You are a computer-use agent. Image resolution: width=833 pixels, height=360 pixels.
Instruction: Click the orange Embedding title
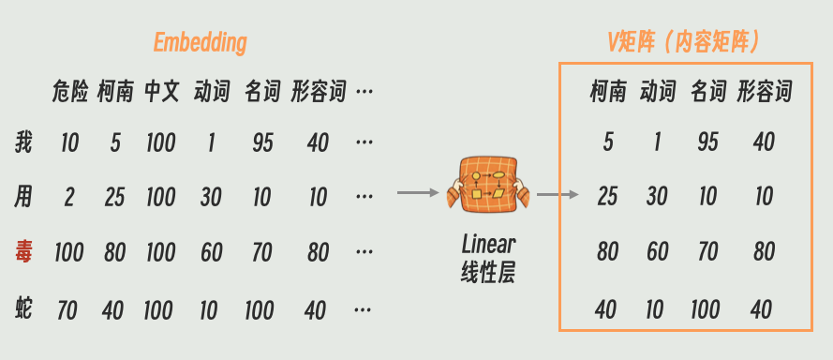(x=201, y=43)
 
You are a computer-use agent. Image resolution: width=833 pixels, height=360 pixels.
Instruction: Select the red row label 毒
(x=24, y=251)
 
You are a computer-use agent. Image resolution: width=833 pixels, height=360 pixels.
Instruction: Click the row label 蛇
(x=24, y=307)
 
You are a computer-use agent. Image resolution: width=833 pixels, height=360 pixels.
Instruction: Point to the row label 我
(x=24, y=142)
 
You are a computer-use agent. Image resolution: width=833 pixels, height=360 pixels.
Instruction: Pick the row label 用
(x=24, y=197)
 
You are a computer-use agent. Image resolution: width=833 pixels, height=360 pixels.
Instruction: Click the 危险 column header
(x=69, y=92)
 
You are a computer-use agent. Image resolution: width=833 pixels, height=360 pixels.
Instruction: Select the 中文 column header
(x=162, y=92)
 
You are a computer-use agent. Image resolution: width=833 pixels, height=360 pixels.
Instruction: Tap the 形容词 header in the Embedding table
(x=319, y=92)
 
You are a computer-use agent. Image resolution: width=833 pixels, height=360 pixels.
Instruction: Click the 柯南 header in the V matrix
(x=608, y=92)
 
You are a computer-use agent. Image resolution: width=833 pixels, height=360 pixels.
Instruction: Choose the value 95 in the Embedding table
(x=262, y=142)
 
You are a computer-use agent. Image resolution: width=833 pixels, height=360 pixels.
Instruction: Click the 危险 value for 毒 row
(x=69, y=252)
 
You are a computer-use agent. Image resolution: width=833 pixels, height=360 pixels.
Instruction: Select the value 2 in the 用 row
(x=69, y=198)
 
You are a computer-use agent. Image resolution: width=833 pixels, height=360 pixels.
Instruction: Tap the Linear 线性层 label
(x=488, y=259)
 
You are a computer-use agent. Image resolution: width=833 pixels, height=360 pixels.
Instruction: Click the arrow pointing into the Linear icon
(x=418, y=193)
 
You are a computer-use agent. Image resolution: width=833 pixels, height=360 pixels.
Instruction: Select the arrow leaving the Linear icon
(x=557, y=196)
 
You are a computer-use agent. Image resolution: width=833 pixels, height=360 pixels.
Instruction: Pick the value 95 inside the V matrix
(x=708, y=142)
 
